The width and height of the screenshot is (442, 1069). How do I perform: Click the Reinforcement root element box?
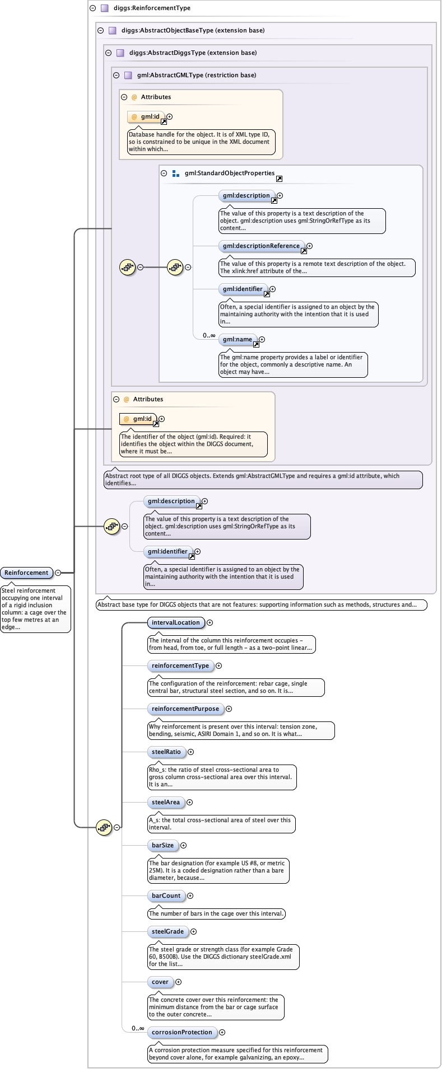tap(27, 573)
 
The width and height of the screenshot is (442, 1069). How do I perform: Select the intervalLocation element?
tap(175, 622)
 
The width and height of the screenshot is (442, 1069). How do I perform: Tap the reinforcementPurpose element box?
tap(185, 709)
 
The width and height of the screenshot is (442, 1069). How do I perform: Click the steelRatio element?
tap(166, 752)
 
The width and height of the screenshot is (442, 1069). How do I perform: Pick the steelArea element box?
tap(166, 802)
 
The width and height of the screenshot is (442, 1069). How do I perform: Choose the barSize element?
tap(162, 845)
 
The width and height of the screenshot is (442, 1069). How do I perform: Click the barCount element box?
tap(166, 895)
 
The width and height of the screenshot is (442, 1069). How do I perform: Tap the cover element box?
tap(160, 982)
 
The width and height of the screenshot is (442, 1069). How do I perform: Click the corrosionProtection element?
tap(182, 1032)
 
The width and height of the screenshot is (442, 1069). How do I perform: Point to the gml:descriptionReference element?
tap(261, 246)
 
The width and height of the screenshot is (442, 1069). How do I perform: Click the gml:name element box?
tap(238, 339)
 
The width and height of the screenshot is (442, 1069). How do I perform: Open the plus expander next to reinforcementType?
tap(218, 665)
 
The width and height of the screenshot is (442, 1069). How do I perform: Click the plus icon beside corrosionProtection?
tap(222, 1032)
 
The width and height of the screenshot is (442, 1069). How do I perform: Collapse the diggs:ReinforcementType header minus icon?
tap(92, 8)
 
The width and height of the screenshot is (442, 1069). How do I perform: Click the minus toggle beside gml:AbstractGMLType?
tap(116, 75)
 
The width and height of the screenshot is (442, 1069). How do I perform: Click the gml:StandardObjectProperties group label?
tap(230, 173)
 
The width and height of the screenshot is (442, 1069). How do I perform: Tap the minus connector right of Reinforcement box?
tap(58, 573)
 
